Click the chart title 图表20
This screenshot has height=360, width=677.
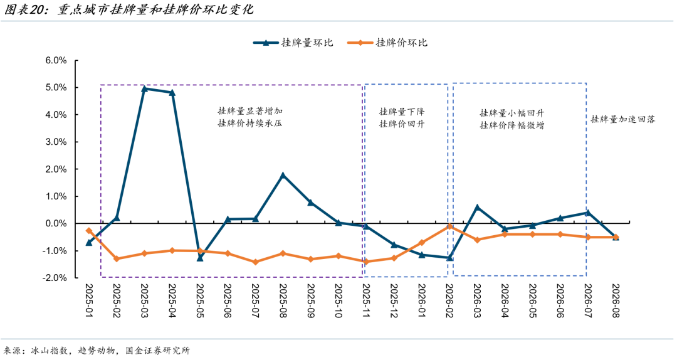[x=26, y=9]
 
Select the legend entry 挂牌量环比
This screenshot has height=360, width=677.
[x=293, y=43]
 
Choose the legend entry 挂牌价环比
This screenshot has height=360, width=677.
[x=387, y=43]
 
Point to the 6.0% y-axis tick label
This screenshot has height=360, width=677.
[x=56, y=60]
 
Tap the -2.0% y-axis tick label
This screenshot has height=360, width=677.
[x=55, y=278]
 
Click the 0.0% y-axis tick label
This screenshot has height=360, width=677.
[x=56, y=223]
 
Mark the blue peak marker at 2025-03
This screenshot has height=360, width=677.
[x=144, y=88]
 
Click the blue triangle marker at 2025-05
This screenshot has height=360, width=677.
[x=200, y=258]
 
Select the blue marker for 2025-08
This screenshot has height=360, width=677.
[x=283, y=175]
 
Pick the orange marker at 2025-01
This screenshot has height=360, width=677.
[x=89, y=231]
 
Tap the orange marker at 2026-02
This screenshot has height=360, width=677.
[x=449, y=226]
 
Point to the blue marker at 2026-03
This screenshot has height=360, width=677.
[x=477, y=207]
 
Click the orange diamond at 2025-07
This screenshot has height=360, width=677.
[x=255, y=262]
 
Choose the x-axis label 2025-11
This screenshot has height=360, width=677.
[x=366, y=301]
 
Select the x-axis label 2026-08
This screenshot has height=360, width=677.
[x=616, y=301]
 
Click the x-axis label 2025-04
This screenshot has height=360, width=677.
[x=172, y=301]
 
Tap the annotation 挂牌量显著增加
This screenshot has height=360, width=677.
[x=250, y=111]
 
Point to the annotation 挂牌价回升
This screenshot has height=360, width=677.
[x=402, y=124]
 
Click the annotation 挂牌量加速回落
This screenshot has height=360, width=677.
[x=623, y=119]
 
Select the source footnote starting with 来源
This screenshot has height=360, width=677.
[x=97, y=351]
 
